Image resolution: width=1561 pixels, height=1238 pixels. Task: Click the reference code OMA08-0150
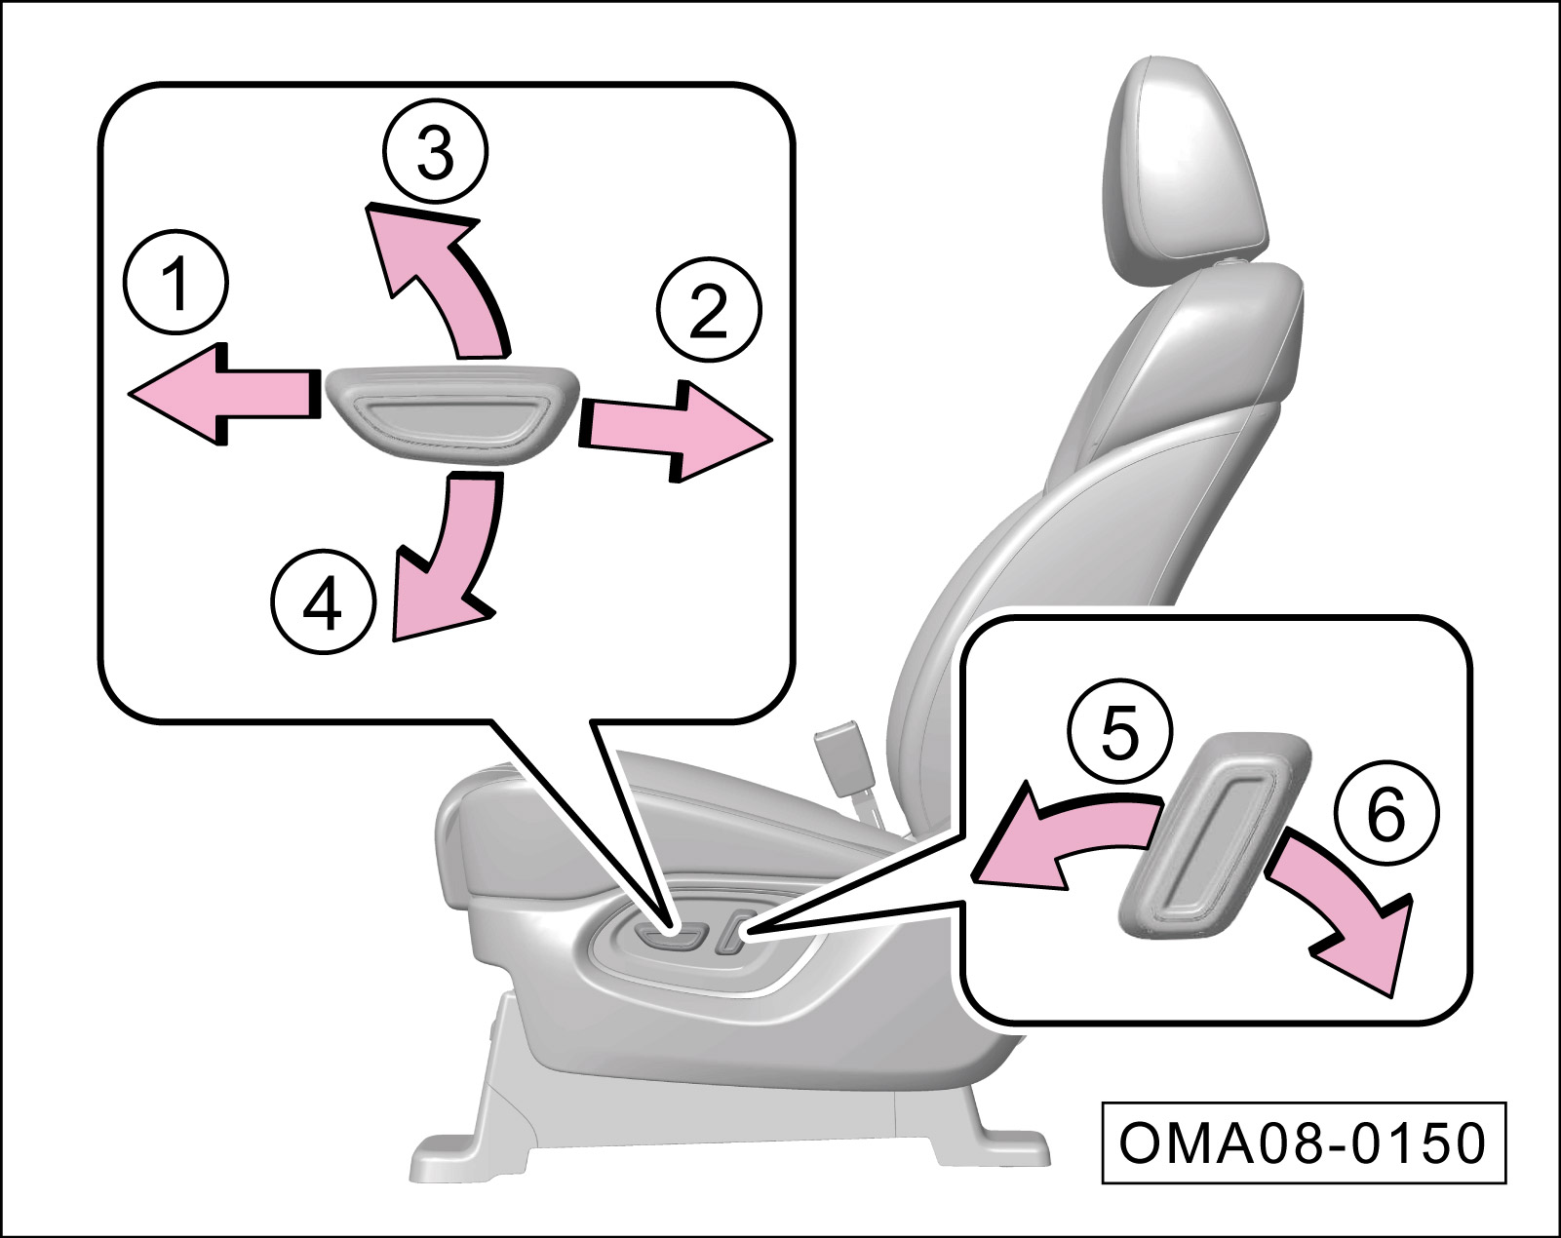coord(1303,1142)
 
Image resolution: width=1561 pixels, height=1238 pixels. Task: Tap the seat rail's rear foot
coord(985,1131)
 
